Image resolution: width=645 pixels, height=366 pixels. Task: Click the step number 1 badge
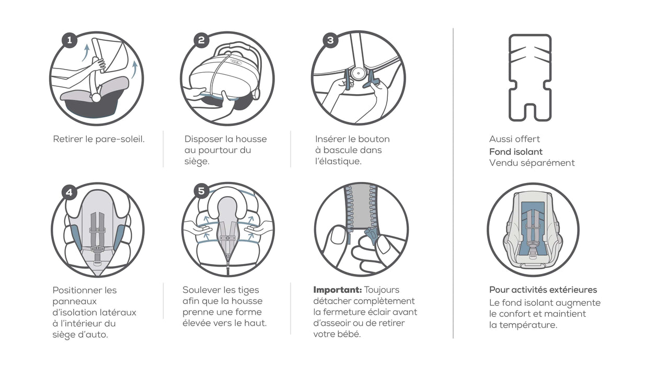coord(70,40)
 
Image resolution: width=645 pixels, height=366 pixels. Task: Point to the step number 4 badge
coord(70,192)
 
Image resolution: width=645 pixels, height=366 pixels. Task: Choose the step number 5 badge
coord(201,191)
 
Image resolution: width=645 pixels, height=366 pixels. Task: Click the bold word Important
coord(338,290)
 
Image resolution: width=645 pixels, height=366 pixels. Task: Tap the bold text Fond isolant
coord(516,152)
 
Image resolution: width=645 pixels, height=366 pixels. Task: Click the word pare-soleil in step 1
coord(120,140)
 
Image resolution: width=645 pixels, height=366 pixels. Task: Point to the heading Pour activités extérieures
coord(543,290)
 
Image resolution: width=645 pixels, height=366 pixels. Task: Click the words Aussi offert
coord(514,139)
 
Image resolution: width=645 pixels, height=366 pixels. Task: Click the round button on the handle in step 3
coord(358,73)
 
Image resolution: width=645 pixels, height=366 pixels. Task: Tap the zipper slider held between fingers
coord(372,235)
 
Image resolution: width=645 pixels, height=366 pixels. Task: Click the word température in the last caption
coord(528,325)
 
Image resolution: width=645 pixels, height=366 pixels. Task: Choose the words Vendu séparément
coord(532,163)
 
